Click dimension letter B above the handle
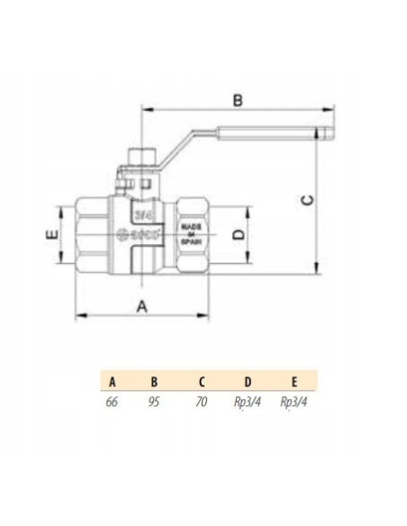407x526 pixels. coord(238,100)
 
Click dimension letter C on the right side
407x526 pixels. coord(306,201)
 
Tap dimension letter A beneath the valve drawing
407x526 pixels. coord(141,305)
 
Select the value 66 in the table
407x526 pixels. coord(113,402)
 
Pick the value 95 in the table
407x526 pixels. coord(154,402)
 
